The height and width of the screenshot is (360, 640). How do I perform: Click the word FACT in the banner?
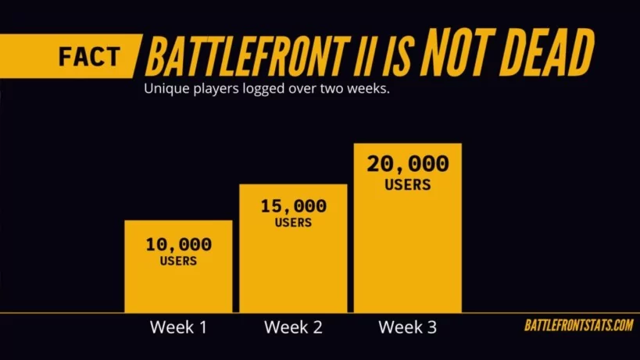[x=90, y=57]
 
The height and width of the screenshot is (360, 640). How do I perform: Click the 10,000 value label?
[x=178, y=244]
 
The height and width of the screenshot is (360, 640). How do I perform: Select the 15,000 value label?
[x=293, y=206]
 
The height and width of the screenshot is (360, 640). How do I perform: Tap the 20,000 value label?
[x=408, y=165]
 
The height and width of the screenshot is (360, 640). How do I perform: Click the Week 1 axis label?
[x=178, y=327]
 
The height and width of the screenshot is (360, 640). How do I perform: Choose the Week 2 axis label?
[x=293, y=327]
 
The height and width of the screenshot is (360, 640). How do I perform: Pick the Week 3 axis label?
[x=408, y=327]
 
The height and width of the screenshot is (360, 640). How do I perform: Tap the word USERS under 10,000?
[x=178, y=261]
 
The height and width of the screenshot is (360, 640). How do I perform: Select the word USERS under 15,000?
[x=293, y=223]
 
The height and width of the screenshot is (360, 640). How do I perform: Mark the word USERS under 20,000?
[x=408, y=185]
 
